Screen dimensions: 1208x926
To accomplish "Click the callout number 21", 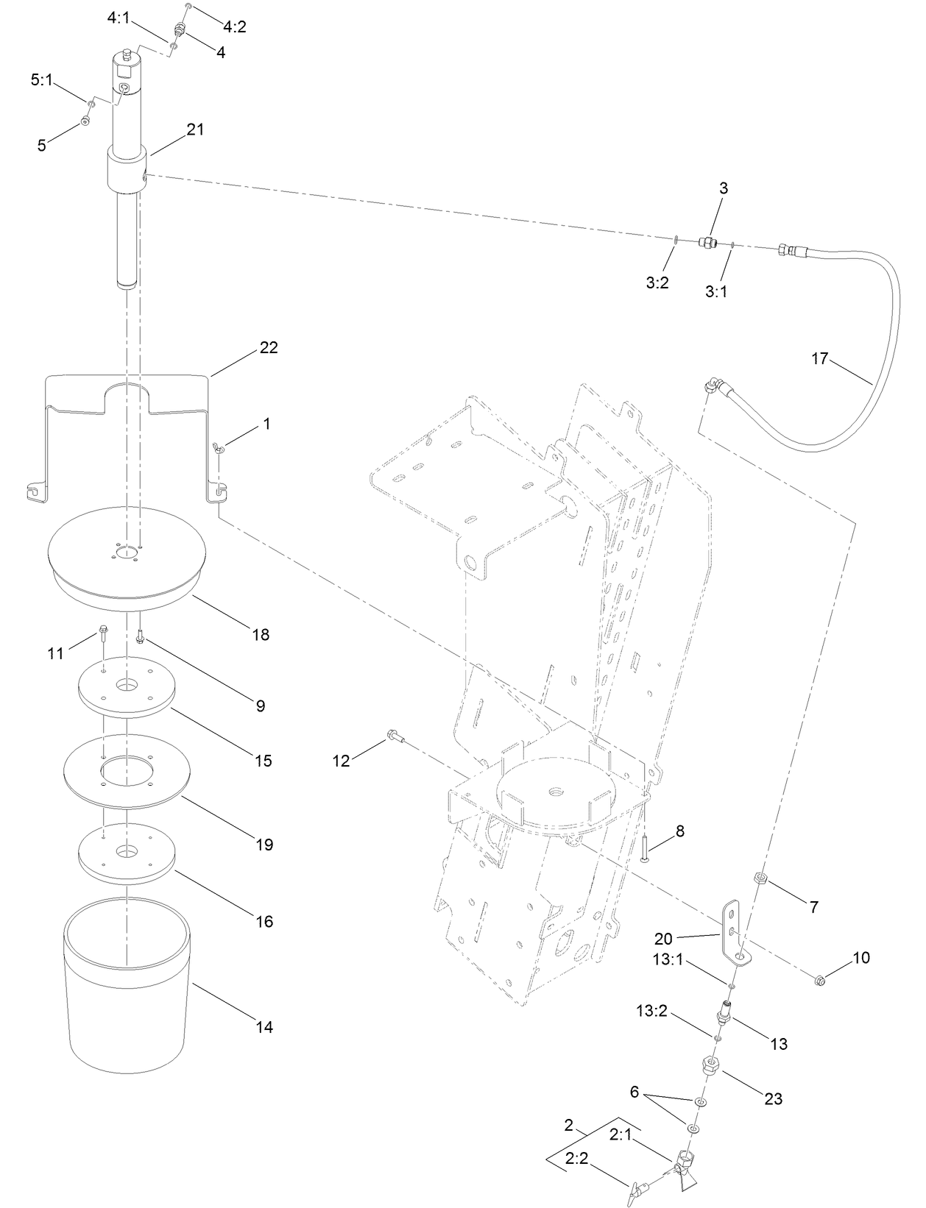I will point(195,129).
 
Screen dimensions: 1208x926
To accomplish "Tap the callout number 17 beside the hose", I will point(820,359).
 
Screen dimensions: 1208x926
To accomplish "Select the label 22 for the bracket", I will point(269,347).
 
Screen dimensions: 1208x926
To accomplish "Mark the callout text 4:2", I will point(235,27).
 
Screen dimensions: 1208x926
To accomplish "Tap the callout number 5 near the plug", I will point(42,146).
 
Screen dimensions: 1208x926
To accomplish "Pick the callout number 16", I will point(264,921).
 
